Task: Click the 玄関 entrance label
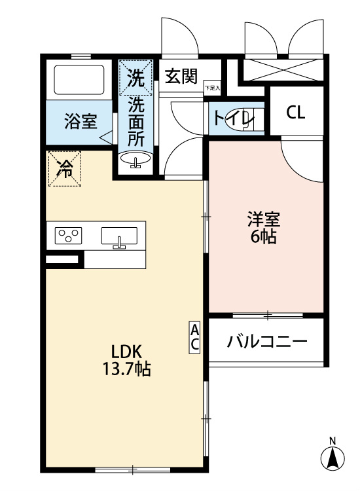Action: point(181,77)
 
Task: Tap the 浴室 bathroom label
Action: point(81,121)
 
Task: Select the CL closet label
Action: point(295,113)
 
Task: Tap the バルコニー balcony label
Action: point(267,341)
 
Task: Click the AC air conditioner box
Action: point(195,337)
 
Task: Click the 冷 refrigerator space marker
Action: point(65,168)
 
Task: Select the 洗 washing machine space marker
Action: point(135,78)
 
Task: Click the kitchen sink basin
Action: point(119,236)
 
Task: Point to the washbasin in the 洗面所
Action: point(136,159)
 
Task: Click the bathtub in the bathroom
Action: point(79,80)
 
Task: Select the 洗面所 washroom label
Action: point(135,121)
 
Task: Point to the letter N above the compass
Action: point(333,440)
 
